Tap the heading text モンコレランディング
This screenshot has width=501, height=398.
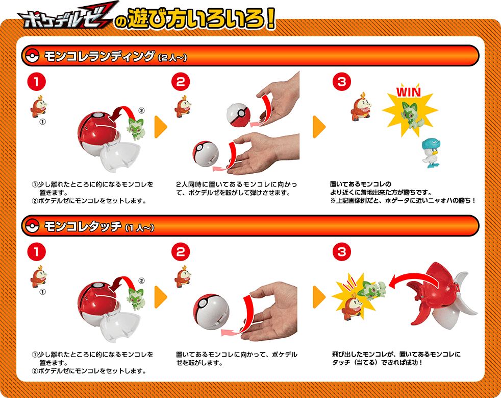[99, 56]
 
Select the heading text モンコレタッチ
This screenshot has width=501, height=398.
[82, 226]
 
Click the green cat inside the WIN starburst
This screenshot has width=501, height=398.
[411, 113]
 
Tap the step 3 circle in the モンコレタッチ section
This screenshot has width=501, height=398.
[341, 252]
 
